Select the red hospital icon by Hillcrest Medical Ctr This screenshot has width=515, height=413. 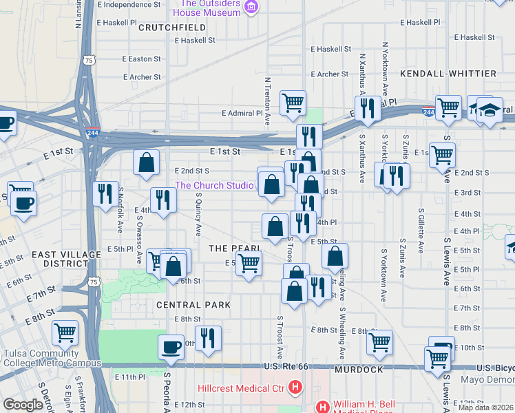tap(295, 388)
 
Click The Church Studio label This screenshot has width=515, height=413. tap(216, 185)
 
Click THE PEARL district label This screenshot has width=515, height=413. tap(234, 248)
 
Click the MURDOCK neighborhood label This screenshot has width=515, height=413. tap(358, 370)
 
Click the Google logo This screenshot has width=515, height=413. tap(23, 404)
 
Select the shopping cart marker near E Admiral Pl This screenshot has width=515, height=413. tap(293, 103)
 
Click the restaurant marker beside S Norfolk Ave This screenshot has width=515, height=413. tap(105, 194)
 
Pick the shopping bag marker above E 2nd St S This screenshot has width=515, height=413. tap(147, 163)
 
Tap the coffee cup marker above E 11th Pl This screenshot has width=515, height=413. tap(171, 348)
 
